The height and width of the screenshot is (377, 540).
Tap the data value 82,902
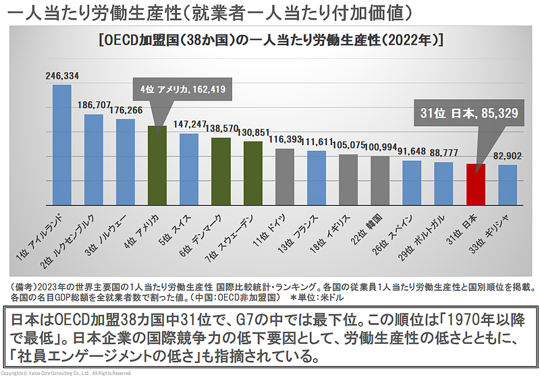[508, 156]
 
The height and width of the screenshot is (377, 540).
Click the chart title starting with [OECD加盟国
[270, 40]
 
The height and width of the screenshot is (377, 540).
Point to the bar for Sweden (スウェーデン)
[253, 173]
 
